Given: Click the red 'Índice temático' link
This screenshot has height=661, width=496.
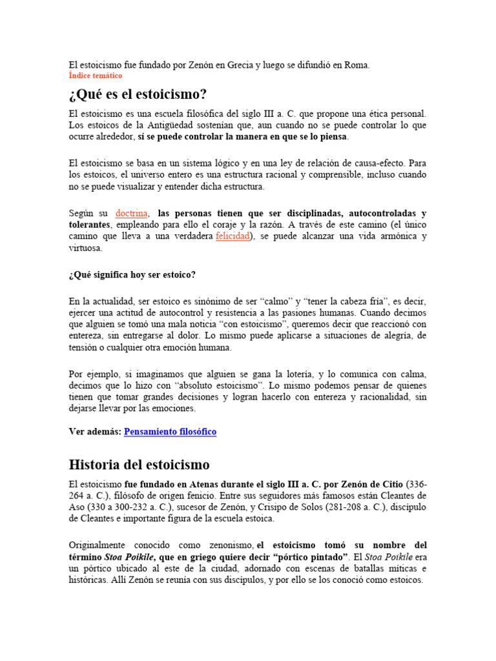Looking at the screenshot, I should pyautogui.click(x=95, y=76).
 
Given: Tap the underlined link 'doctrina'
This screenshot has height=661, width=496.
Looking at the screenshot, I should pyautogui.click(x=132, y=213).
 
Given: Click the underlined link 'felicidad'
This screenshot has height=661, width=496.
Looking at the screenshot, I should pyautogui.click(x=232, y=236).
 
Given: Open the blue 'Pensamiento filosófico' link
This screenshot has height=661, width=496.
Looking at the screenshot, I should pyautogui.click(x=170, y=431).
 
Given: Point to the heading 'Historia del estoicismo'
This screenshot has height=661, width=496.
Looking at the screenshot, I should pyautogui.click(x=138, y=465).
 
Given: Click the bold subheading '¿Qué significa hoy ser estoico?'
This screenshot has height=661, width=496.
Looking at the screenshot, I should pyautogui.click(x=132, y=274).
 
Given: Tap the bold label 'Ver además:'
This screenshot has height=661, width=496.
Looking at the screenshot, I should pyautogui.click(x=94, y=431).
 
